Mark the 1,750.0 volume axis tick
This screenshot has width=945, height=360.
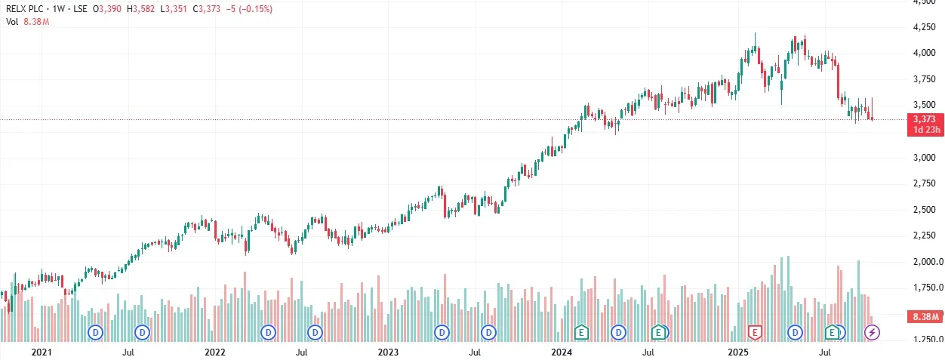click(922, 288)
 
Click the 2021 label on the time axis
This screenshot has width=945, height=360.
click(42, 352)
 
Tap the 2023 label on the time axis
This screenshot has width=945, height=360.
click(388, 352)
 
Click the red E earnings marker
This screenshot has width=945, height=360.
click(754, 331)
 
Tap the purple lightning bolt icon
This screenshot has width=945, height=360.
click(872, 331)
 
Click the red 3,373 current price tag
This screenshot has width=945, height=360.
click(924, 119)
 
